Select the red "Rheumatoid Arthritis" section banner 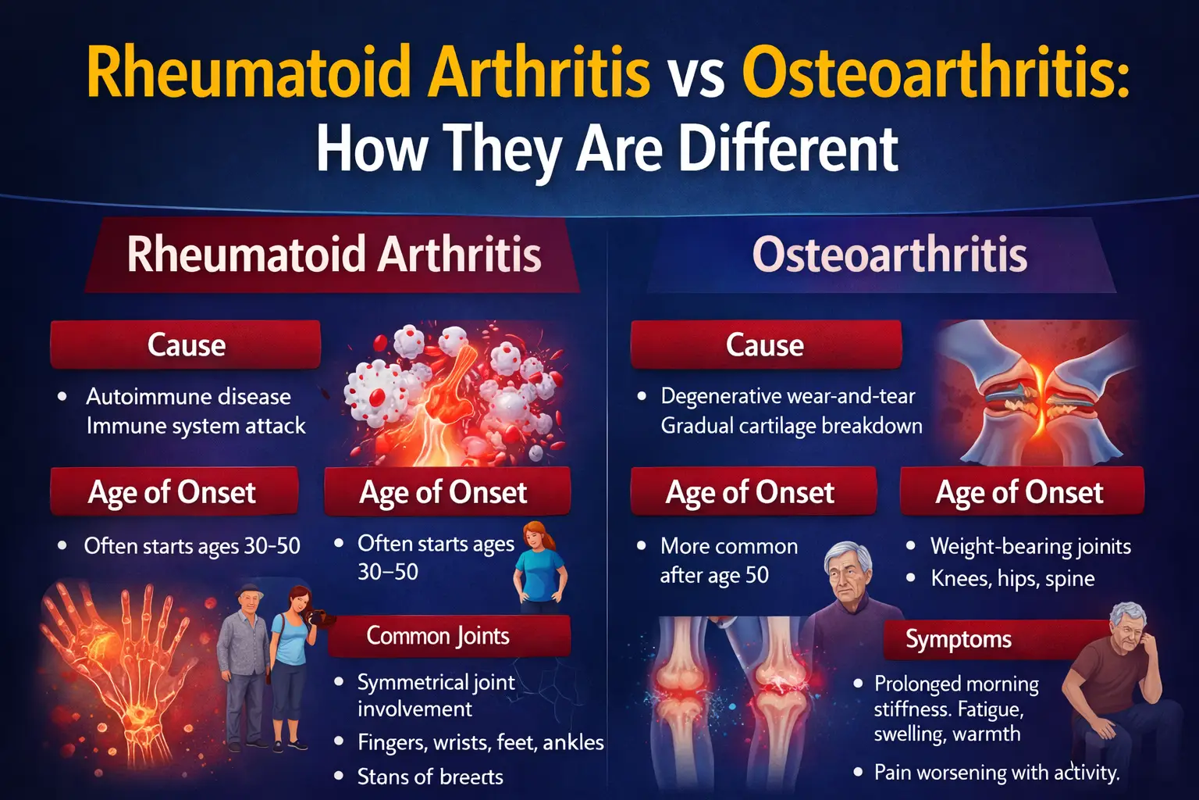(333, 255)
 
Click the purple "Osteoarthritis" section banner (888, 255)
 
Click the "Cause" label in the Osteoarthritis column (766, 345)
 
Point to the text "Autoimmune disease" (188, 397)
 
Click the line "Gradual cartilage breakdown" (791, 426)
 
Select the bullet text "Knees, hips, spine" (1012, 579)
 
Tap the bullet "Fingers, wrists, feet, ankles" (480, 743)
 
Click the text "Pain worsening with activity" (996, 773)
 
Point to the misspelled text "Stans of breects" (430, 777)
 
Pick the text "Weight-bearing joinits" (1030, 547)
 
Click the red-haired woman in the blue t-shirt (539, 567)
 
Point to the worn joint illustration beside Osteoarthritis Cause (1037, 393)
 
